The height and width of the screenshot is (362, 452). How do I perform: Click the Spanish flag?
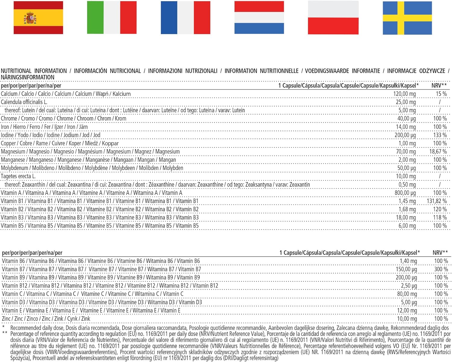[38, 17]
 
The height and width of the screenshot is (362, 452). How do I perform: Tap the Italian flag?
[112, 17]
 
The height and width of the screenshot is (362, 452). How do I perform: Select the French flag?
[185, 17]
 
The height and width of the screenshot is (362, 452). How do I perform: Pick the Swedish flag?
[407, 18]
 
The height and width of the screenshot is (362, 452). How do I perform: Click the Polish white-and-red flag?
[333, 17]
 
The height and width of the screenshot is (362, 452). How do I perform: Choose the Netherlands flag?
[259, 17]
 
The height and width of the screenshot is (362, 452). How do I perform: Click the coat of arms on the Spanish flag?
[30, 18]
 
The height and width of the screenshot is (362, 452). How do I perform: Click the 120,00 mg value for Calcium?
[404, 94]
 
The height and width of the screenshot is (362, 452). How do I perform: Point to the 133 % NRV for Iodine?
[440, 135]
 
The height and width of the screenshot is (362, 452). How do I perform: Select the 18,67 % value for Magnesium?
[438, 152]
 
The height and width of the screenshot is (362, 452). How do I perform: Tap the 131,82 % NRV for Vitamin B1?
[437, 201]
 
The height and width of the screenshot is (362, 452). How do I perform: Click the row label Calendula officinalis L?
[24, 102]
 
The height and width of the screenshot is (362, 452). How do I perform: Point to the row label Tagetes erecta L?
[18, 176]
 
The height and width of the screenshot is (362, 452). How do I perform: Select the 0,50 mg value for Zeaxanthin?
[407, 184]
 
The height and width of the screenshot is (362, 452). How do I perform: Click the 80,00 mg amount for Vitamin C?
[407, 294]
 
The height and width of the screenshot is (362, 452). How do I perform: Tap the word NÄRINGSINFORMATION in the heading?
[27, 77]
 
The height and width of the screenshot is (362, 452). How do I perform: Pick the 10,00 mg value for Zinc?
[407, 319]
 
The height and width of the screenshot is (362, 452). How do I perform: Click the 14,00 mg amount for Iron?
[406, 127]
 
